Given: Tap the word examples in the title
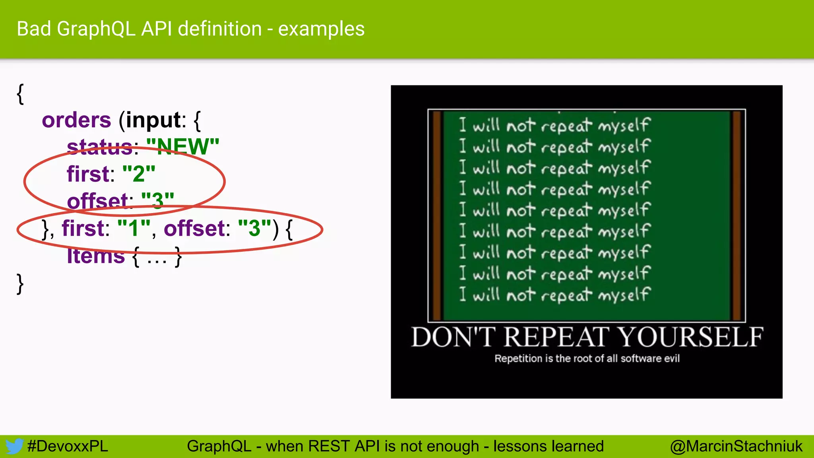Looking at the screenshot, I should pyautogui.click(x=321, y=29).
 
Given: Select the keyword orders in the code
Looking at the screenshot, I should pyautogui.click(x=76, y=120).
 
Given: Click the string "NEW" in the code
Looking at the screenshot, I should pyautogui.click(x=183, y=147).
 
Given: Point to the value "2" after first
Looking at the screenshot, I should pyautogui.click(x=139, y=174).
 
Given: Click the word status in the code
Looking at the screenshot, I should pyautogui.click(x=99, y=147).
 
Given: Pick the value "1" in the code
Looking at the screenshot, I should pyautogui.click(x=134, y=228).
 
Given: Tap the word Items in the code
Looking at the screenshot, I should pyautogui.click(x=96, y=256).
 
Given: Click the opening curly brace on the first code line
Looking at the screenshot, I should pyautogui.click(x=20, y=94).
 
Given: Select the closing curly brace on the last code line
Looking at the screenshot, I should pyautogui.click(x=20, y=283).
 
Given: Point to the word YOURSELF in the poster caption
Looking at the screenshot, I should pyautogui.click(x=690, y=337).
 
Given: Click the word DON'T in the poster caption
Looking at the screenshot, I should pyautogui.click(x=453, y=337).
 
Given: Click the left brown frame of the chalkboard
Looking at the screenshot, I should pyautogui.click(x=437, y=215).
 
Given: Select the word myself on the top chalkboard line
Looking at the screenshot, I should pyautogui.click(x=624, y=126).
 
